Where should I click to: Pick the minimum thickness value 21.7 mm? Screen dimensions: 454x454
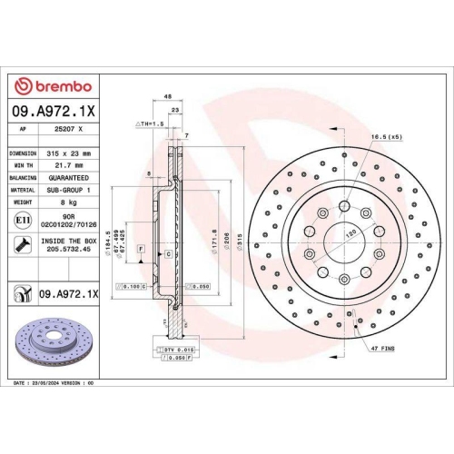click(69, 166)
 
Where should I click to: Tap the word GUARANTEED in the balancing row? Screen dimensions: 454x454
click(69, 179)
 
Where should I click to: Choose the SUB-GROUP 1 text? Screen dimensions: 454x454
click(69, 192)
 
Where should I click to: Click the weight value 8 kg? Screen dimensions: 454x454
click(69, 204)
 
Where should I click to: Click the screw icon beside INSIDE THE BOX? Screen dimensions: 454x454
click(21, 244)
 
